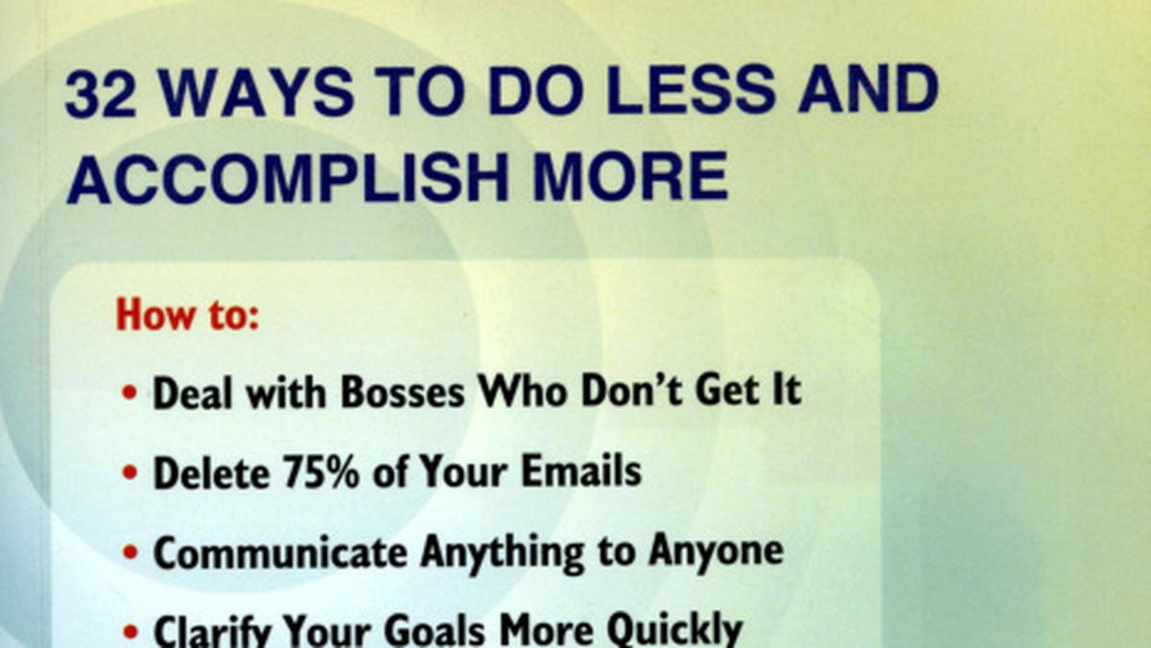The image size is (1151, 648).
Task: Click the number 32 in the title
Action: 102,91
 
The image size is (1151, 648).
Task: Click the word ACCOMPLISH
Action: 288,178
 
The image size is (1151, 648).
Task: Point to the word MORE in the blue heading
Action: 630,178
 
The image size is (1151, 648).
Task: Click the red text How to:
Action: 188,314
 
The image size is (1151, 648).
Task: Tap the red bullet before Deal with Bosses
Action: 130,393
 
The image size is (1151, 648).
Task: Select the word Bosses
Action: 403,393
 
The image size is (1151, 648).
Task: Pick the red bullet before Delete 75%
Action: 130,471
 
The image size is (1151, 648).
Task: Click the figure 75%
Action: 321,470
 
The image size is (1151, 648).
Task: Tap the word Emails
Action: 581,470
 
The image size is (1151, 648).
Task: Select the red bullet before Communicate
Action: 130,552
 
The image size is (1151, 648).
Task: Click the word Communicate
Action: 280,552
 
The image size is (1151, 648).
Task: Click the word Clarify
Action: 212,631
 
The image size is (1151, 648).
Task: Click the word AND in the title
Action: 868,91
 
